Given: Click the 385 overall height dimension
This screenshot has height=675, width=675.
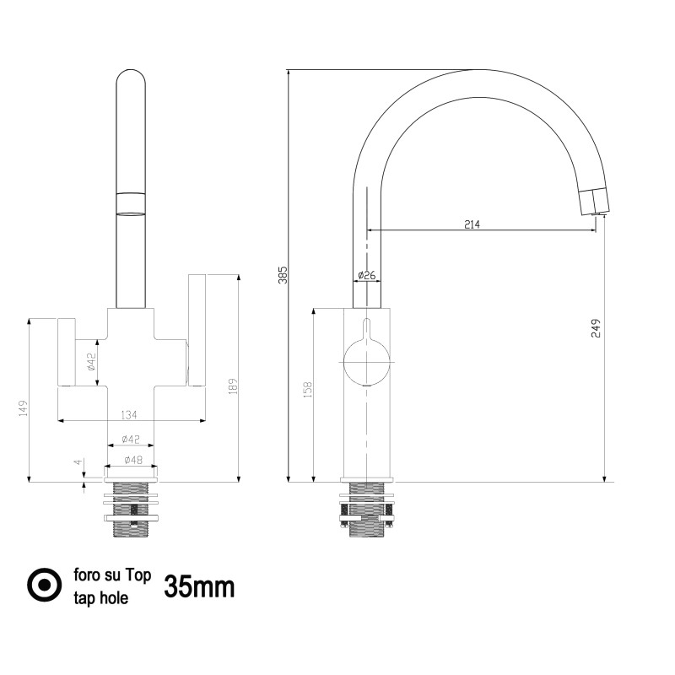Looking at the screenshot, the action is click(283, 275).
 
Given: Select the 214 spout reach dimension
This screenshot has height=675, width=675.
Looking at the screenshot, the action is click(472, 224).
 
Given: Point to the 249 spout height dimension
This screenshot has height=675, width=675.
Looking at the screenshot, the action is click(596, 328).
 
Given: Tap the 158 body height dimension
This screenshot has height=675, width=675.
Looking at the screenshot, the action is click(307, 389).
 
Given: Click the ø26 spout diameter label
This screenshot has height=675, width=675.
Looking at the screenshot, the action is click(367, 275).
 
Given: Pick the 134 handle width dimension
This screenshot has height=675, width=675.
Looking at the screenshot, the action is click(129, 414).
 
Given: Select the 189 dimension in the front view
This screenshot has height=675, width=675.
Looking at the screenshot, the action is click(233, 386).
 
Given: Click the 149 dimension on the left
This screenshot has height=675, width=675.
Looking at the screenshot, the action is click(24, 408).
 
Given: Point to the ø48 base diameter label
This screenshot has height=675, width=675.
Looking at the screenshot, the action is click(133, 460).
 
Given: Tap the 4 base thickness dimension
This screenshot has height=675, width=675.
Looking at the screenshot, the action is click(78, 462).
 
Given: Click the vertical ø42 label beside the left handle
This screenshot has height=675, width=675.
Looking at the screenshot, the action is click(90, 362).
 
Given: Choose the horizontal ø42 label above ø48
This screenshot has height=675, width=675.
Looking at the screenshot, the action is click(131, 439).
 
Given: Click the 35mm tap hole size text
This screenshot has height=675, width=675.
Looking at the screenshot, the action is click(199, 586).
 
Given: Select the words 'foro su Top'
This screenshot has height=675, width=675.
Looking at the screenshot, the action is click(112, 575).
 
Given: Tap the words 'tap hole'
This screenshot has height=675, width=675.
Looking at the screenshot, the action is click(101, 598).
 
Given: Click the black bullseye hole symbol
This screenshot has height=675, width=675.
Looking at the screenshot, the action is click(45, 585).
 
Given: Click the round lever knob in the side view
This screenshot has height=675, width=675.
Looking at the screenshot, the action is click(367, 362).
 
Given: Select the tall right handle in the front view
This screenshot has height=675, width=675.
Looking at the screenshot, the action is click(197, 330).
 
